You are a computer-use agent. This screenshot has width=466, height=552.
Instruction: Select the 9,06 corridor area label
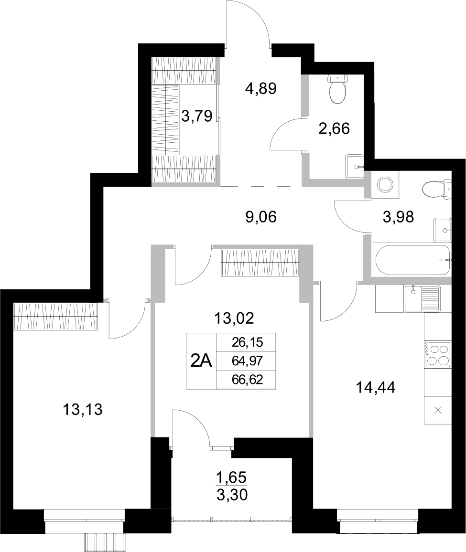coord(261,218)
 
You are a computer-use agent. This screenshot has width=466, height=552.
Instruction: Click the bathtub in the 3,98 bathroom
coord(412,260)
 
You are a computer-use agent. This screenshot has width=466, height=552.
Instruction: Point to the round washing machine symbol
coord(385,184)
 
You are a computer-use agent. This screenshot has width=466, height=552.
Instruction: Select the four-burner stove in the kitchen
coord(438,354)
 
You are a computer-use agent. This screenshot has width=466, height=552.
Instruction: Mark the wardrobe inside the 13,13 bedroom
coord(56,316)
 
